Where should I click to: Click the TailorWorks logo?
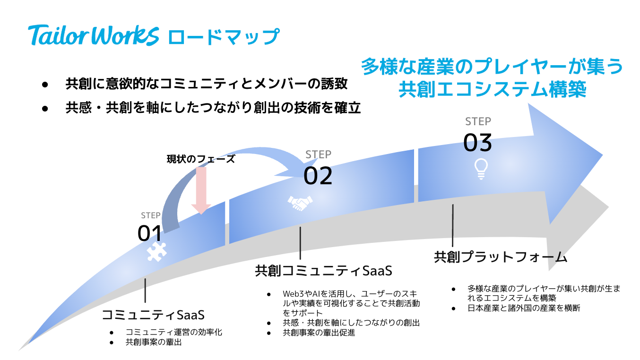pyautogui.click(x=94, y=36)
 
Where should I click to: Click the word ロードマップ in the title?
pyautogui.click(x=223, y=36)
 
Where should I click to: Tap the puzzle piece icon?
pyautogui.click(x=156, y=252)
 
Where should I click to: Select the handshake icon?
pyautogui.click(x=300, y=202)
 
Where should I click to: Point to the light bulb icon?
pyautogui.click(x=481, y=168)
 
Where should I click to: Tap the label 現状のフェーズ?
pyautogui.click(x=201, y=159)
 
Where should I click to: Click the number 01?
pyautogui.click(x=150, y=233)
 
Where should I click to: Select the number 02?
pyautogui.click(x=318, y=176)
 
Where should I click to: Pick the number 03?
pyautogui.click(x=477, y=143)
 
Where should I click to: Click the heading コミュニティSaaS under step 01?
pyautogui.click(x=153, y=315)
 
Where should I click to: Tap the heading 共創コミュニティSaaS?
pyautogui.click(x=324, y=271)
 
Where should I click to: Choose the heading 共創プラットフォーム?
pyautogui.click(x=501, y=257)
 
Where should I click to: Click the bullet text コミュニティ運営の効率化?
pyautogui.click(x=173, y=332)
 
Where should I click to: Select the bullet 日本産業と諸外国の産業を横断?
pyautogui.click(x=524, y=308)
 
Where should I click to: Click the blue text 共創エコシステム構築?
pyautogui.click(x=492, y=89)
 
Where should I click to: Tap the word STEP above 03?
pyautogui.click(x=478, y=121)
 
